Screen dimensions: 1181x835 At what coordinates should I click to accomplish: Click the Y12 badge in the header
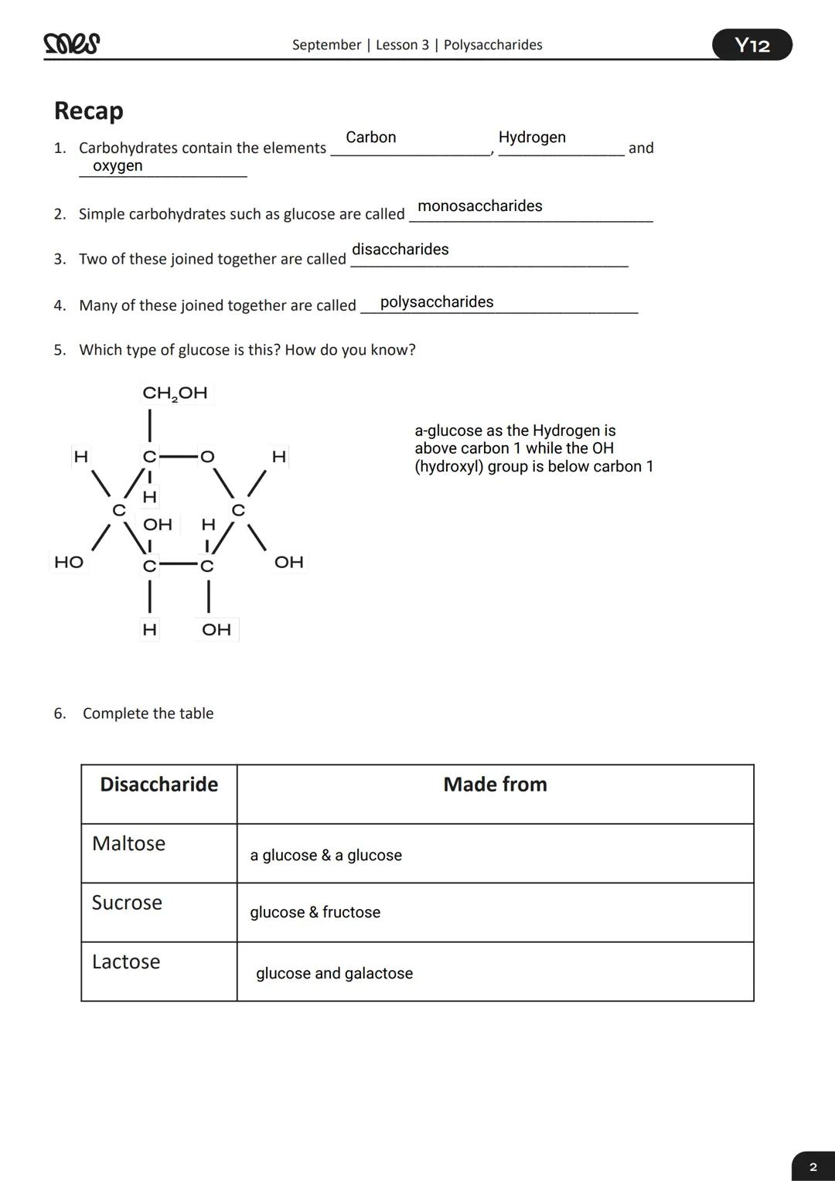[751, 45]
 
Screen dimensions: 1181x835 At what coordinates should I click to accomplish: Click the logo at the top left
[72, 44]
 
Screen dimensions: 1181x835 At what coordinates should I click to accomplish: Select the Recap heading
[88, 111]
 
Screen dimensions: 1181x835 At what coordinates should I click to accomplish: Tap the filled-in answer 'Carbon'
[370, 138]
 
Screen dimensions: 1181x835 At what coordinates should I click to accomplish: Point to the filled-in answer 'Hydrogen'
[532, 138]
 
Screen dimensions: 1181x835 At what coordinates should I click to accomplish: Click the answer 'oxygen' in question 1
[118, 165]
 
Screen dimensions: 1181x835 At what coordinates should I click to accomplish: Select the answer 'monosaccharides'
[479, 206]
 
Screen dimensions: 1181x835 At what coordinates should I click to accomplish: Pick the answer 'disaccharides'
[400, 250]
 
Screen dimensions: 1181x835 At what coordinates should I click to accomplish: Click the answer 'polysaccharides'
[436, 302]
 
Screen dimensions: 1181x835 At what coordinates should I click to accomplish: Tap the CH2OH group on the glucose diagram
[175, 393]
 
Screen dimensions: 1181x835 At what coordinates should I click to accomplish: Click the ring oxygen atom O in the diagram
[206, 457]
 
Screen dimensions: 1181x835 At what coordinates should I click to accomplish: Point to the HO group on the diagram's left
[69, 562]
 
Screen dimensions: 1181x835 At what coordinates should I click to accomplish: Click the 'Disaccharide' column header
[158, 784]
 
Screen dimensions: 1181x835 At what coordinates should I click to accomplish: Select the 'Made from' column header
[495, 784]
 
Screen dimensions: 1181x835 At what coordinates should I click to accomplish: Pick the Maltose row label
[128, 843]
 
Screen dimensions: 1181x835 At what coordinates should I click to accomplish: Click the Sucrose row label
[127, 903]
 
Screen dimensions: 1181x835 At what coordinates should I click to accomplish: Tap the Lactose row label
[126, 961]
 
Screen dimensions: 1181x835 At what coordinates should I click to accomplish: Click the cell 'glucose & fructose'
[315, 913]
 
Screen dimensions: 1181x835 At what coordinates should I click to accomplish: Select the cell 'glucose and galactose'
[334, 973]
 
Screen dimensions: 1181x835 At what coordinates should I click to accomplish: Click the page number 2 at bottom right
[813, 1166]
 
